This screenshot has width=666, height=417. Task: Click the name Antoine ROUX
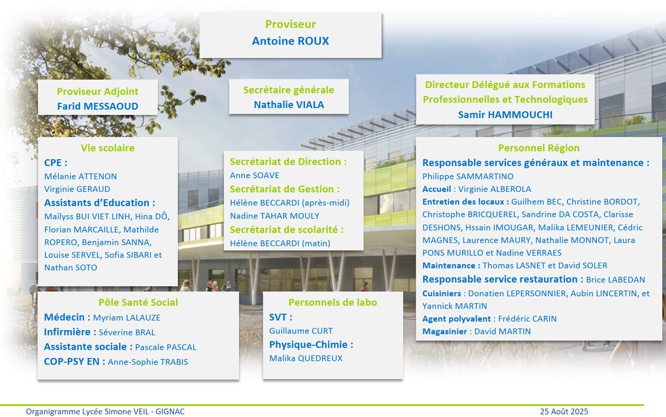point(290,41)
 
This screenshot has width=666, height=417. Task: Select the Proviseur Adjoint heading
point(98,92)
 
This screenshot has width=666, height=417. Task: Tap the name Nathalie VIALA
point(289,104)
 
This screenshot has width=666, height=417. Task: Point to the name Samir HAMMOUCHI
point(505,114)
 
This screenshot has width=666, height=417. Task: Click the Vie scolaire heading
point(108,148)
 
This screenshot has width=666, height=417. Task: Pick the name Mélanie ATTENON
point(81,177)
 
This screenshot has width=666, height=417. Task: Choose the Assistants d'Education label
point(100,203)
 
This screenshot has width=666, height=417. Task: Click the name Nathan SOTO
point(71,268)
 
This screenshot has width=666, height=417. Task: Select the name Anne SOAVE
point(254,176)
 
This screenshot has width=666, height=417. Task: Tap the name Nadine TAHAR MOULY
point(275,216)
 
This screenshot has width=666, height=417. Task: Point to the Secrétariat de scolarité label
point(287,230)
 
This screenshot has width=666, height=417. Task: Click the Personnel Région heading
point(539,148)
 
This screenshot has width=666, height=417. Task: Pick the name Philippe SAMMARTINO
point(468,177)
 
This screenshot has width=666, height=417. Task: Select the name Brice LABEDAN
point(615,280)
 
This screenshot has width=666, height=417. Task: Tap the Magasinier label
point(445,332)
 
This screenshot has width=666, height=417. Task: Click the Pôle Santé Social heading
point(138,303)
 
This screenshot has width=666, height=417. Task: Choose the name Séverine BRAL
point(127,332)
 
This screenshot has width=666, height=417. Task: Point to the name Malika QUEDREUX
point(306,358)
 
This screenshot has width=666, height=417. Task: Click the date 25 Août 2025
point(564,412)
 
